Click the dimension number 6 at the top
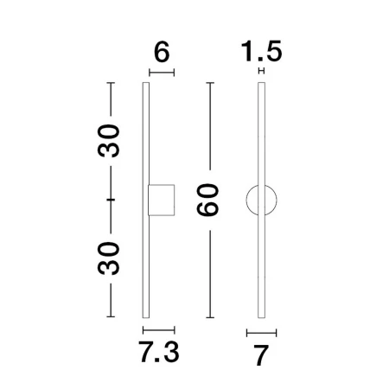pos(162,52)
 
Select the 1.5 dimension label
pos(261,51)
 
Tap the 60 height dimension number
pos(207,200)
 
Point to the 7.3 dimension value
pos(159,352)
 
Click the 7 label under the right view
pos(261,355)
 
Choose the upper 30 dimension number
pos(108,141)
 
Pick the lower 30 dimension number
pos(108,258)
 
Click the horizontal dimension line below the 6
pos(162,73)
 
